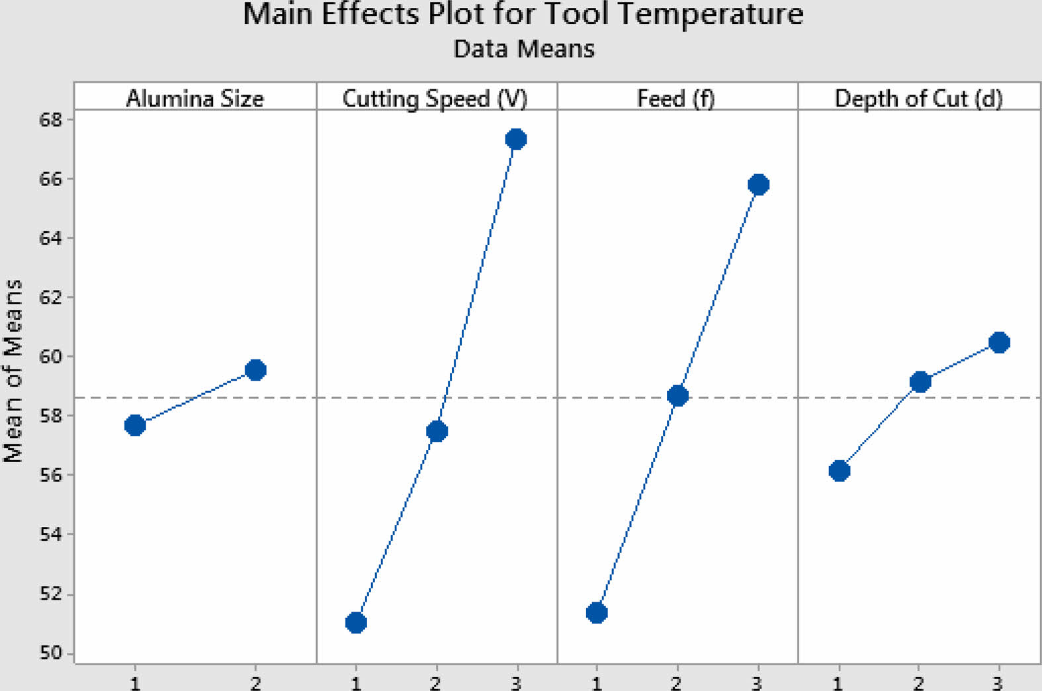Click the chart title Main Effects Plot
[x=523, y=15]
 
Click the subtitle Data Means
[x=523, y=49]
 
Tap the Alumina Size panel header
[x=195, y=99]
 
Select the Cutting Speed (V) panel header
[x=435, y=99]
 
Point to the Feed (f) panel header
[x=675, y=99]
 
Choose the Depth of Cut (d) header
[x=918, y=99]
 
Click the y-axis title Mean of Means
[x=13, y=371]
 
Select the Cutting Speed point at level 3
[x=516, y=139]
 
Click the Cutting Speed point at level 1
[x=356, y=623]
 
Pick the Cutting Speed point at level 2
[x=437, y=432]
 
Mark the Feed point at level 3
[x=758, y=185]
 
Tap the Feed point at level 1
[x=597, y=613]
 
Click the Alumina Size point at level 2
[x=255, y=370]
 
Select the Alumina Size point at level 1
[x=135, y=425]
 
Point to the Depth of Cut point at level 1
[x=839, y=471]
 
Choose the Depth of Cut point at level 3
[x=999, y=342]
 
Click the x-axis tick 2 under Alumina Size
[x=255, y=682]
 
